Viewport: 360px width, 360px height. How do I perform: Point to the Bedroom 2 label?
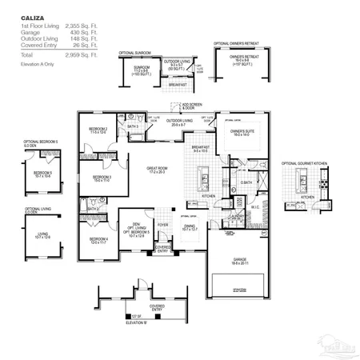coord(98,130)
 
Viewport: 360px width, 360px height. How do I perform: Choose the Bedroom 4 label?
coord(98,239)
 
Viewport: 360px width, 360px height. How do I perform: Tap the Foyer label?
coord(162,226)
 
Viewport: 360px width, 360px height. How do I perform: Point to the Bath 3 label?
coord(132,126)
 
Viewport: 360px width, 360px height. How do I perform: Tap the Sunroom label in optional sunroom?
coord(140,70)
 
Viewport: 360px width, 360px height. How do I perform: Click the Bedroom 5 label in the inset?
coord(42,173)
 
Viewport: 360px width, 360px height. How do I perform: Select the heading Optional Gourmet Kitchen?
coord(309,163)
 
